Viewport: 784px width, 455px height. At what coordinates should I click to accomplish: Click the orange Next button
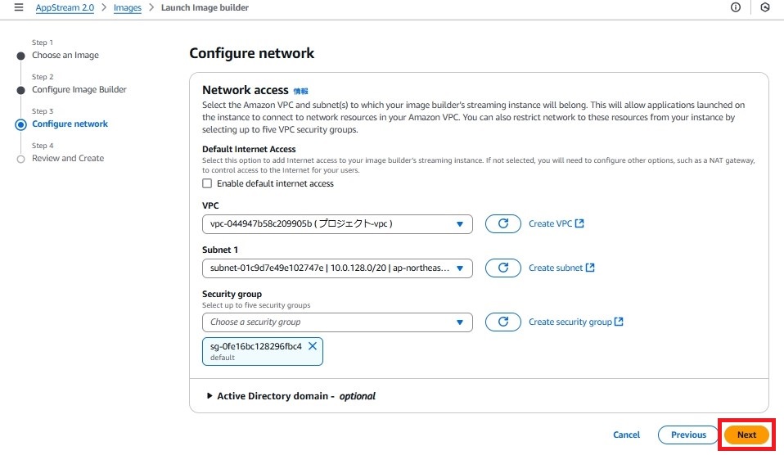point(746,435)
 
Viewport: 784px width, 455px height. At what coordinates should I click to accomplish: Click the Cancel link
point(626,435)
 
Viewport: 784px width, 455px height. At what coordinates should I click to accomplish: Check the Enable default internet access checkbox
point(207,183)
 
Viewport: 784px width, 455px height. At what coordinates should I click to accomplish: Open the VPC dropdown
point(337,224)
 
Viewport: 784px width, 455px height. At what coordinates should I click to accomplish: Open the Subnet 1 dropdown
point(337,268)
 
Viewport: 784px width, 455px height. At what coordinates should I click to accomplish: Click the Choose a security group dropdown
point(337,322)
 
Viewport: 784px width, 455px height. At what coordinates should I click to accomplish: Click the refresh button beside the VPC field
point(503,223)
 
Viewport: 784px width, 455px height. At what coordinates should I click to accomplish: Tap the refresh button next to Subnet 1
point(503,268)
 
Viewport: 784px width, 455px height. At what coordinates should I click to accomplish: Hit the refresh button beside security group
point(503,322)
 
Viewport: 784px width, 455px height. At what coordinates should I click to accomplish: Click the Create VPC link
point(556,223)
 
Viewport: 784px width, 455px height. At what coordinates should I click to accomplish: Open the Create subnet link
point(561,268)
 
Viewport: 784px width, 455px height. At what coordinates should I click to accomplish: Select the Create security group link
point(576,322)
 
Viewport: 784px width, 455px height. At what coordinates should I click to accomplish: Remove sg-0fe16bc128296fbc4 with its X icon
point(313,346)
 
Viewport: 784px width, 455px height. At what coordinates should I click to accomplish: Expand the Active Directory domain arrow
point(210,396)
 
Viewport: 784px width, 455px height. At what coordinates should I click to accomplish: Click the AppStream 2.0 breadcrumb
point(65,7)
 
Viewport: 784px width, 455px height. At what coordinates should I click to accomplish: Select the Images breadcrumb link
point(128,7)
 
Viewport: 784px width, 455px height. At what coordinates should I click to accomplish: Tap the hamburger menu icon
point(19,7)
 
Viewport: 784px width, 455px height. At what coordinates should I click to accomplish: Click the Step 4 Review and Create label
point(68,158)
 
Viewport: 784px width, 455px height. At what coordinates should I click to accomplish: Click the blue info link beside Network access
point(300,91)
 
